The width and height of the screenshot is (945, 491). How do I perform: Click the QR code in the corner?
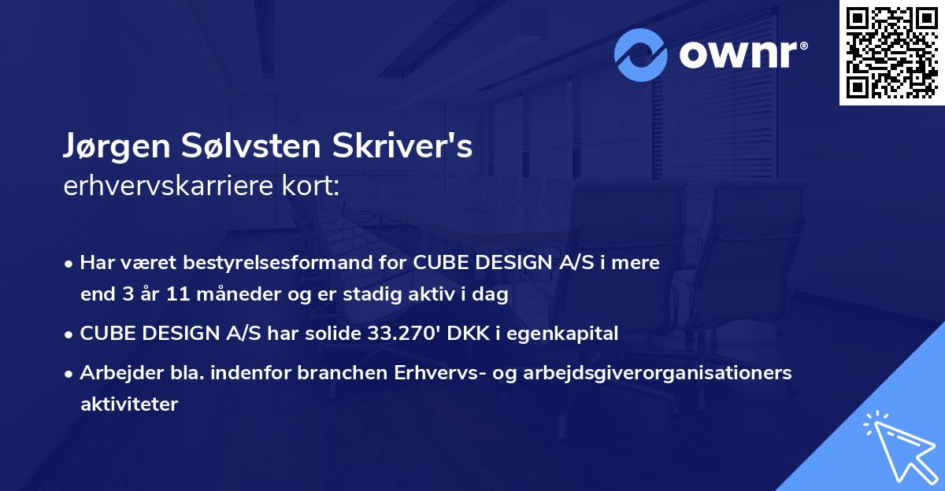[x=891, y=53]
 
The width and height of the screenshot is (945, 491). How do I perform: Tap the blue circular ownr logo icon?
[x=641, y=55]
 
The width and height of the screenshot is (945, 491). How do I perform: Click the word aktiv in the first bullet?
[x=436, y=295]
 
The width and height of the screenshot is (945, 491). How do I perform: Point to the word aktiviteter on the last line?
[x=129, y=404]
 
